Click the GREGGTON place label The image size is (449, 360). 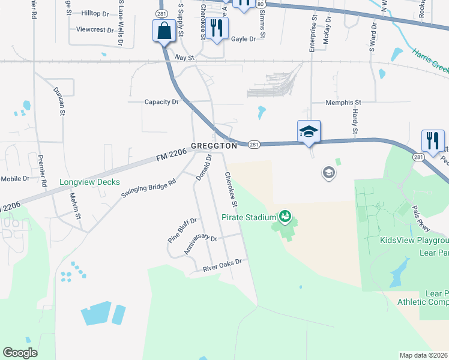coord(214,146)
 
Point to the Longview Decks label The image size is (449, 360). coord(89,182)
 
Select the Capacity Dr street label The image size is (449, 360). coord(161,102)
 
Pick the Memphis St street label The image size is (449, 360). coord(343,103)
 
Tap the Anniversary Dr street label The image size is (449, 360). coord(200,243)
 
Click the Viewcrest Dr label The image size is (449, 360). coord(95,29)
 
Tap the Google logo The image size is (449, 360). coord(20,353)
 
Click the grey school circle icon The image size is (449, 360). coord(328,173)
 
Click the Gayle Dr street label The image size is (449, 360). coord(243,39)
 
